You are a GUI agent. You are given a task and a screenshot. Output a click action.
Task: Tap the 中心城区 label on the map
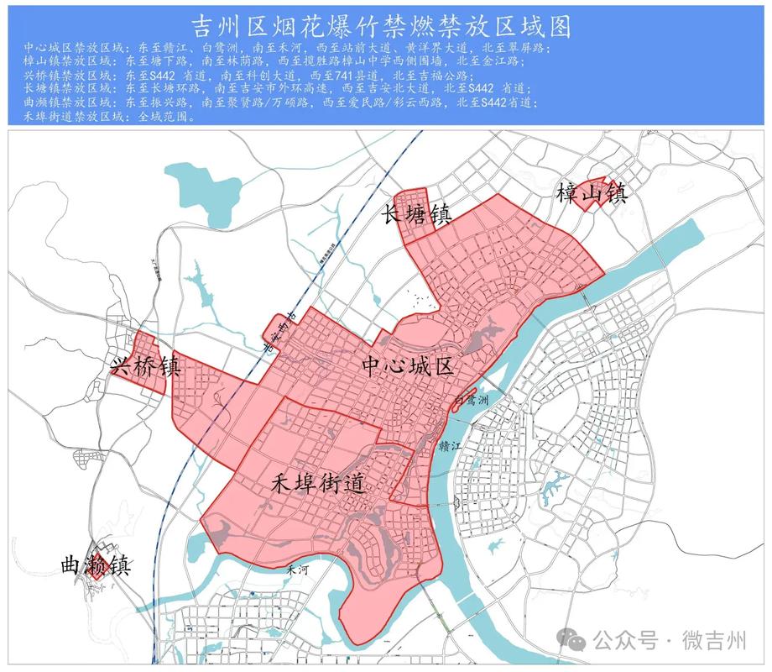[408, 366]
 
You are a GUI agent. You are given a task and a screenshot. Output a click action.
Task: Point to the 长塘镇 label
[417, 215]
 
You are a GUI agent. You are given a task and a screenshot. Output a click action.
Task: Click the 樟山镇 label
[592, 194]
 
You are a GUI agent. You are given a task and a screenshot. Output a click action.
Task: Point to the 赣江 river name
[451, 447]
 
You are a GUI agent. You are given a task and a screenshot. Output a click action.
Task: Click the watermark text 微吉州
[713, 641]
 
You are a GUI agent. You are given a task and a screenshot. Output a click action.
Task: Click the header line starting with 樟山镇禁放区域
[276, 61]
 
